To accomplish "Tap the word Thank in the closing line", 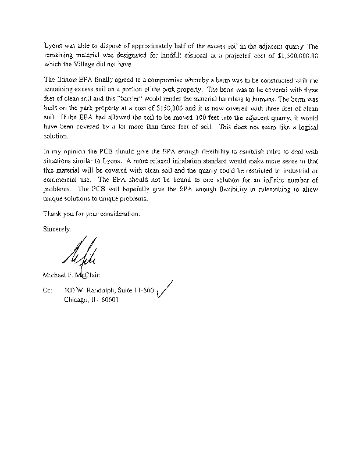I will (x=54, y=213).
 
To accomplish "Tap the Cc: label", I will (x=48, y=289).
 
